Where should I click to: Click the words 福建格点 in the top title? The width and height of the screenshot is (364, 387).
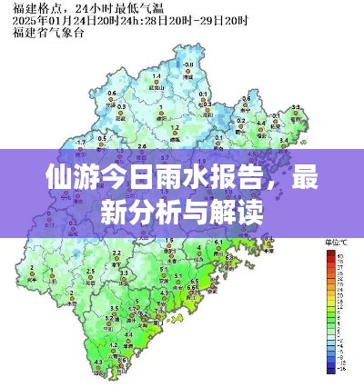coord(30,8)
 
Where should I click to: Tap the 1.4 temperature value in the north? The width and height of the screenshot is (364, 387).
coord(157,76)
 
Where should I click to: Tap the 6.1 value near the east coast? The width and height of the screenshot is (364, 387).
coord(218,241)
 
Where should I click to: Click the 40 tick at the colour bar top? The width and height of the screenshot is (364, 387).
coord(339,257)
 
